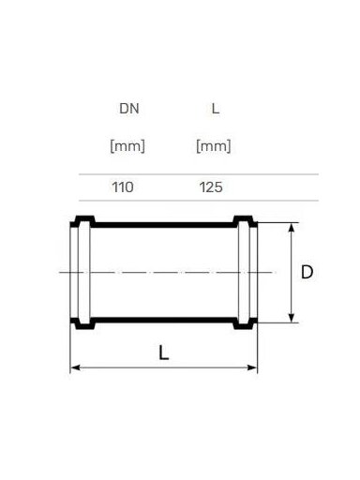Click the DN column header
click(129, 109)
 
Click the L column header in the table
click(216, 109)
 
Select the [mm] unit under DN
click(127, 146)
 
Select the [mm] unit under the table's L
click(214, 146)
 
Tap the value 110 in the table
click(123, 187)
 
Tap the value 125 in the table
click(211, 187)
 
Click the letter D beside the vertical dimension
click(307, 272)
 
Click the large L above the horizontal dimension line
click(164, 352)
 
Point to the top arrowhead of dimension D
click(292, 228)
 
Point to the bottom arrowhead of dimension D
click(292, 318)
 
